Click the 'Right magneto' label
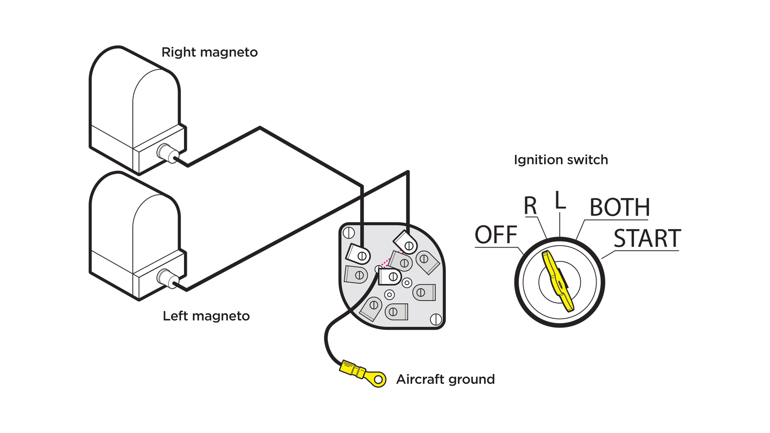[210, 52]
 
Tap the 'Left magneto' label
[206, 316]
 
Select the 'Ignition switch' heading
[561, 160]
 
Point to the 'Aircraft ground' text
[445, 379]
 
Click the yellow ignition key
[558, 281]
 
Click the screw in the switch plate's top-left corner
[349, 233]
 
